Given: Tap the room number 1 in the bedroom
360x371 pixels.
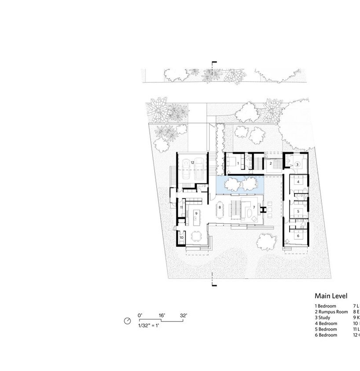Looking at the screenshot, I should tap(238, 163).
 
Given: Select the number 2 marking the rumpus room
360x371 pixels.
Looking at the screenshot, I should tap(270, 164).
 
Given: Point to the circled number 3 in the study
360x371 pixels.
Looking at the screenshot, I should tap(298, 164).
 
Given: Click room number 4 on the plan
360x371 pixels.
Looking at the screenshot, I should tap(298, 182).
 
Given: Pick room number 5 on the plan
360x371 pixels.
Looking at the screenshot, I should tap(298, 211).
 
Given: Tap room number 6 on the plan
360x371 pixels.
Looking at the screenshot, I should tap(298, 236).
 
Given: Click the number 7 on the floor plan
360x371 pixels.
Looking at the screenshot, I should tap(254, 207).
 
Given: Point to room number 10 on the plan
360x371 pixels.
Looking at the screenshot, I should tap(181, 237).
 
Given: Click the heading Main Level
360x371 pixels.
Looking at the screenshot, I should tap(331, 296).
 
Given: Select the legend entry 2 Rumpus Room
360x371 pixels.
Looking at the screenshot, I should tap(331, 312).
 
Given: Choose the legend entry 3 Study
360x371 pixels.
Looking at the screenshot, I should tap(323, 317).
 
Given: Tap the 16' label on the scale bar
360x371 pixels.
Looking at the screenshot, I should tap(162, 315).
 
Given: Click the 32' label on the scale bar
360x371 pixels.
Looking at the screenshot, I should tap(183, 315).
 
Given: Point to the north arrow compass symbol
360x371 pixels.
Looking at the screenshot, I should tap(128, 321).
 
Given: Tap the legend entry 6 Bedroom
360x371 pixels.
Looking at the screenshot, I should tap(326, 335).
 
